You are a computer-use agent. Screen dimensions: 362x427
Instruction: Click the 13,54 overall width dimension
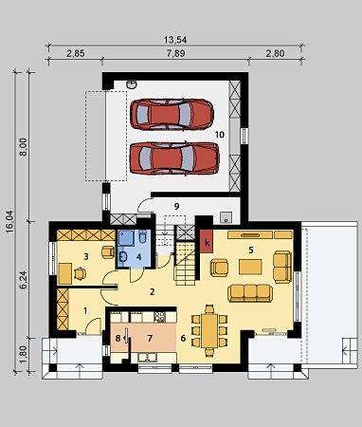tap(175, 40)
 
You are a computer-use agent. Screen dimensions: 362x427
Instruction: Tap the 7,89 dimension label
tap(175, 53)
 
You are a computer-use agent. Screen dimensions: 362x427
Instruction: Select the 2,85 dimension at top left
tap(75, 53)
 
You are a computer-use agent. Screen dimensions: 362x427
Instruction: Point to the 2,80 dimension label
tap(275, 53)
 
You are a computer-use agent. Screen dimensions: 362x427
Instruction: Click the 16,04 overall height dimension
tap(9, 222)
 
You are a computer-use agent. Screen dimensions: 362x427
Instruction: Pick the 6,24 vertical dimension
tap(23, 280)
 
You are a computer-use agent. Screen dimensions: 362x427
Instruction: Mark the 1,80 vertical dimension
tap(23, 354)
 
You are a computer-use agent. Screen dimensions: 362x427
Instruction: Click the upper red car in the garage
tap(172, 114)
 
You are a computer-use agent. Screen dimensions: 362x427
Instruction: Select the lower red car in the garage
tap(174, 158)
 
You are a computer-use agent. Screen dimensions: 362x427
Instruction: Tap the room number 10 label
tap(220, 135)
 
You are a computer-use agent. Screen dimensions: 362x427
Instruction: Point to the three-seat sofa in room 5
tap(250, 293)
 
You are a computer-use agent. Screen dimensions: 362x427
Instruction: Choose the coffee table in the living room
tap(250, 267)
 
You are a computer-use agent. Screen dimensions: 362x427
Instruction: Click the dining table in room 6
tap(209, 330)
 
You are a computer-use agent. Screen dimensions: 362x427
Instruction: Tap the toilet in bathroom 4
tap(142, 236)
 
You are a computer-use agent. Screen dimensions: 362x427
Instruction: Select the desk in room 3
tap(65, 273)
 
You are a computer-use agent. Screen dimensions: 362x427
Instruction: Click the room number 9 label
tap(176, 206)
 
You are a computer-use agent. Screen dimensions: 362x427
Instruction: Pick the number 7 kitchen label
tap(150, 339)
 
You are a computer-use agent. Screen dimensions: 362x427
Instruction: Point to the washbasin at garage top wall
tap(132, 84)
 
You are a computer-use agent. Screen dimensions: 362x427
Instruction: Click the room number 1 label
tap(85, 311)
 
